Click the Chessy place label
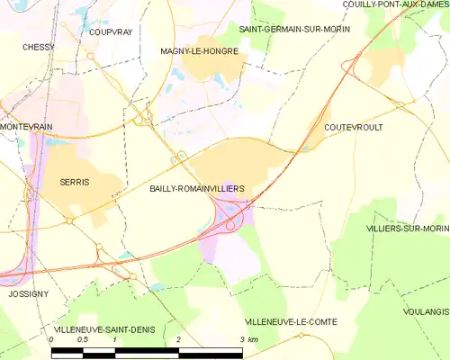coord(39,47)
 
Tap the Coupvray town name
coord(111,31)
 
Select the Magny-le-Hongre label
coord(198,51)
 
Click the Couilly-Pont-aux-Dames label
coord(395,4)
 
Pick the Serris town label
coord(74,182)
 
